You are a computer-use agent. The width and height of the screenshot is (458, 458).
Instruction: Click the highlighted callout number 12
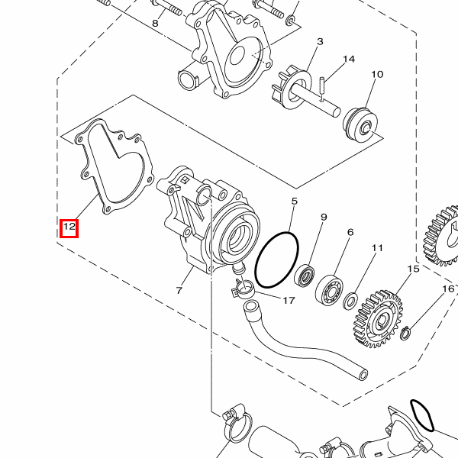tap(69, 227)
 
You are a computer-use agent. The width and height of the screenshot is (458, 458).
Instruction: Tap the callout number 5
tap(294, 201)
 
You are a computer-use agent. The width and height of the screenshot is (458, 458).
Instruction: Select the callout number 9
tap(324, 217)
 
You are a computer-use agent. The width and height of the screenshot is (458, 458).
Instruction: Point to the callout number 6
tap(350, 232)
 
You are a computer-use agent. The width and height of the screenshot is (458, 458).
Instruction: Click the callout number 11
tap(377, 247)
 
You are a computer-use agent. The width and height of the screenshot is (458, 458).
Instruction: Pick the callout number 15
tap(413, 269)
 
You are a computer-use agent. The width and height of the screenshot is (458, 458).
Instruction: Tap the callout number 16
tap(448, 289)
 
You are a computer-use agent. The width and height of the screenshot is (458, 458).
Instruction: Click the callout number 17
tap(289, 300)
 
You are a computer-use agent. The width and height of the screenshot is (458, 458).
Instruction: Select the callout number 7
tap(179, 290)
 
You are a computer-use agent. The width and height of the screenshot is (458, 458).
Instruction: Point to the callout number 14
tap(349, 59)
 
